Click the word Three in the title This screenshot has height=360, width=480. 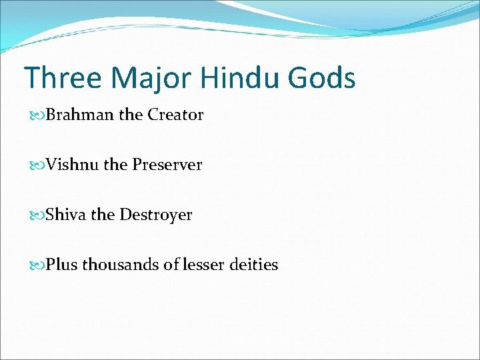[63, 78]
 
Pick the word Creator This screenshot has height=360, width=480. [175, 115]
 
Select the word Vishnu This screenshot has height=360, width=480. [73, 165]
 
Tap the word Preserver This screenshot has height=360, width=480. [167, 165]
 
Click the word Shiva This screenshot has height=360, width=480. [66, 215]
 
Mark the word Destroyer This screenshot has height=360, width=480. [155, 215]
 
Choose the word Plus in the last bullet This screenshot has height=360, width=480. [62, 265]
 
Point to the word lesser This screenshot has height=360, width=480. [203, 265]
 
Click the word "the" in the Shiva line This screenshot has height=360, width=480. [103, 215]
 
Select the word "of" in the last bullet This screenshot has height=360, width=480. [171, 265]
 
